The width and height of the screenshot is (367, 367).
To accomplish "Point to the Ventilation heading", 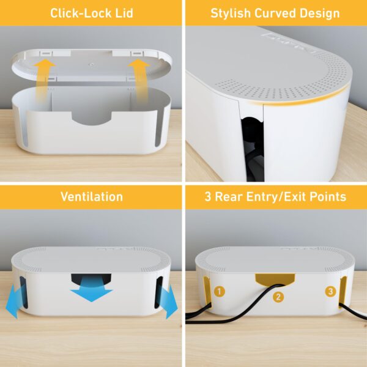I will pos(91,196).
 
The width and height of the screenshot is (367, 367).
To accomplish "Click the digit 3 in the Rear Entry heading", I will pos(207,196).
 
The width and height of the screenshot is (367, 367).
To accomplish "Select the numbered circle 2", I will pos(278,297).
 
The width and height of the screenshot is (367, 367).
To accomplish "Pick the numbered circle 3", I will pos(330,291).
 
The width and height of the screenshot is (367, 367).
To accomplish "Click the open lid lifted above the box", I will pos(92,67).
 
